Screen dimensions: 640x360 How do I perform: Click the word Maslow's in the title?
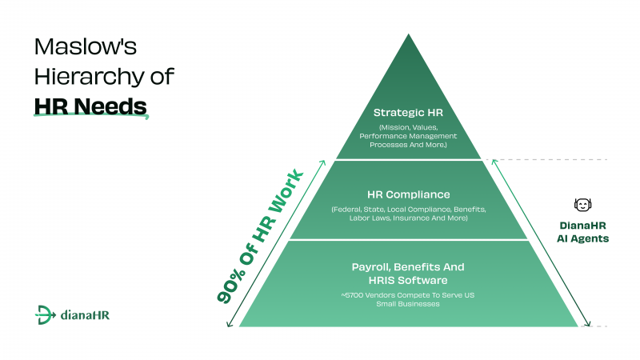pos(86,46)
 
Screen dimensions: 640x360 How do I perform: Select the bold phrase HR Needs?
pos(90,106)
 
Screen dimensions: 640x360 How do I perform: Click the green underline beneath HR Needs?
pos(91,116)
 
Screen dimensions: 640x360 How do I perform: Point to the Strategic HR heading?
pos(408,112)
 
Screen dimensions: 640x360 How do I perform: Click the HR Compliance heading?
pos(408,194)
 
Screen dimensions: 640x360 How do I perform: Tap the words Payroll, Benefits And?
pos(408,267)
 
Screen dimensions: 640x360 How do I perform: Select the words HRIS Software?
pos(408,281)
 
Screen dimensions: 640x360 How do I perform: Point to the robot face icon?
pos(582,205)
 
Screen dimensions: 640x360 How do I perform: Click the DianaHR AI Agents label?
pos(583,232)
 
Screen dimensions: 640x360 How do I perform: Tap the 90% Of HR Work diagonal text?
pos(261,236)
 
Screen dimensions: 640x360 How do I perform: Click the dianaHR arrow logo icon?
pos(45,314)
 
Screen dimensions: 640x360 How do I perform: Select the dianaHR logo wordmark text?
pos(85,315)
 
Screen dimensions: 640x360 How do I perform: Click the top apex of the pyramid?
pos(409,34)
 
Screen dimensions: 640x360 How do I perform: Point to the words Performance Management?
pos(408,136)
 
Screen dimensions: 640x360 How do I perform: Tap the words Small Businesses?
pos(408,304)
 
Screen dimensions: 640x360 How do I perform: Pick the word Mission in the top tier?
pos(394,127)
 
